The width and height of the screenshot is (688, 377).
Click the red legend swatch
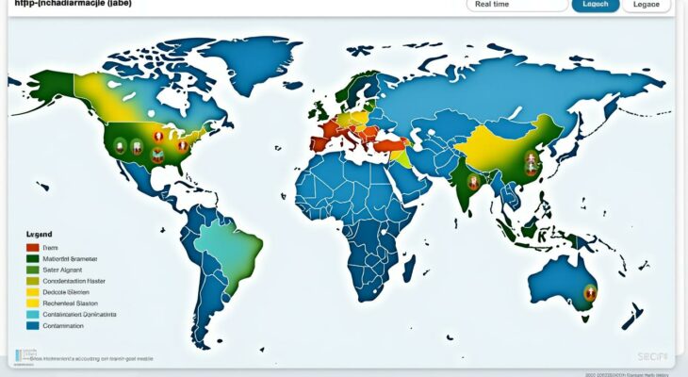pyautogui.click(x=34, y=247)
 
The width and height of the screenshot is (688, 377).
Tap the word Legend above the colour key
pyautogui.click(x=40, y=234)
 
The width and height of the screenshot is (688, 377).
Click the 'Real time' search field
pyautogui.click(x=516, y=5)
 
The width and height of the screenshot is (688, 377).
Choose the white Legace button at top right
pyautogui.click(x=647, y=5)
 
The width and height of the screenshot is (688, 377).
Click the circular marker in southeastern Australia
pyautogui.click(x=590, y=292)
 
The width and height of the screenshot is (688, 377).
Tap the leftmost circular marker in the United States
pyautogui.click(x=120, y=145)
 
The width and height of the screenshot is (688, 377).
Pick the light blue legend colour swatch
pyautogui.click(x=34, y=314)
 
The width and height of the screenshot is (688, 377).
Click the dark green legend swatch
pyautogui.click(x=34, y=258)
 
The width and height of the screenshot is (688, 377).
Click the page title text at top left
pyautogui.click(x=71, y=5)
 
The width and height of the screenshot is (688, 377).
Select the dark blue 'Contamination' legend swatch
pyautogui.click(x=34, y=325)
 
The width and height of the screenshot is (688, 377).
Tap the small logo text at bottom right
pyautogui.click(x=652, y=356)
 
